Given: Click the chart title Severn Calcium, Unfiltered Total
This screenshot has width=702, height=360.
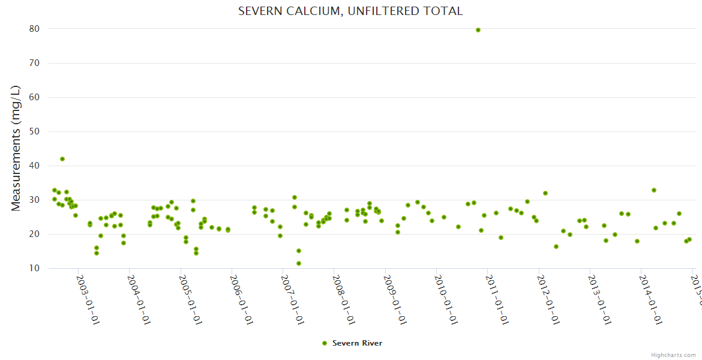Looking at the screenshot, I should tap(350, 11).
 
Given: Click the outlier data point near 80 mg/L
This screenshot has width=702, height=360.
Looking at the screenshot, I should tap(478, 30).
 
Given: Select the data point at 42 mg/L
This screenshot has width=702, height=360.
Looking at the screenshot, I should tap(62, 159).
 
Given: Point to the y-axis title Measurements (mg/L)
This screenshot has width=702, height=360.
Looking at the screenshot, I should tap(16, 148).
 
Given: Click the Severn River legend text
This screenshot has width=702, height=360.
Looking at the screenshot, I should tap(357, 343).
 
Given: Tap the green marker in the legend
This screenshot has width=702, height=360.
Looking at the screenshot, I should tap(325, 343).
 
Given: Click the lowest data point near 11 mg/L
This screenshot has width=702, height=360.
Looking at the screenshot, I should tap(299, 263).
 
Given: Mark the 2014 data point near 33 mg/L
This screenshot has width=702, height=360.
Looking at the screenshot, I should tap(654, 190).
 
